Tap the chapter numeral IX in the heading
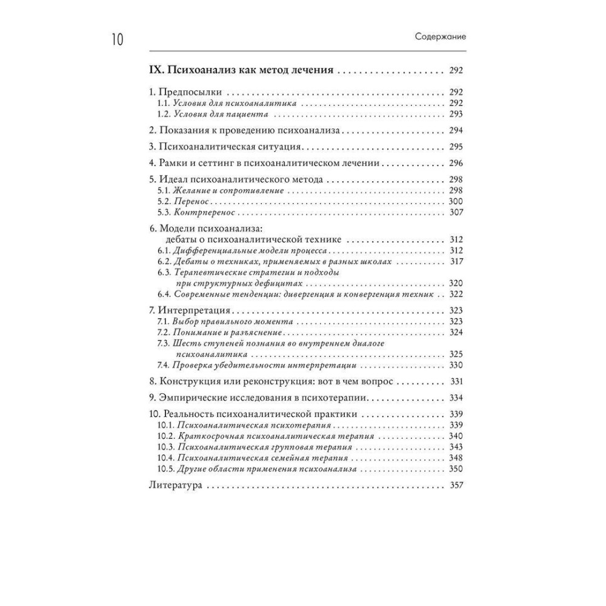(x=156, y=70)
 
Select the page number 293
(x=456, y=115)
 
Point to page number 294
(x=456, y=130)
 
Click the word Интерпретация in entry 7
(x=195, y=310)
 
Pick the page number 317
(x=456, y=262)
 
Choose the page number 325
(x=456, y=354)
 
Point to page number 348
(x=456, y=458)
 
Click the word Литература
(x=175, y=485)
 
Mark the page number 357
(x=456, y=485)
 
